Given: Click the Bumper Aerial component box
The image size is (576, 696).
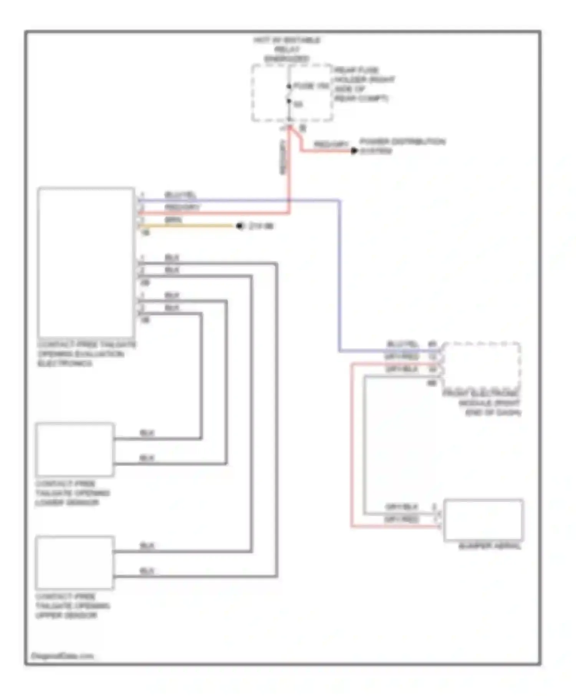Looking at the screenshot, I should pyautogui.click(x=483, y=520).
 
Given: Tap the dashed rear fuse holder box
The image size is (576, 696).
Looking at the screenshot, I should pyautogui.click(x=292, y=93).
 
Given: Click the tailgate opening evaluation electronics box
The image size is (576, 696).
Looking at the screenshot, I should pyautogui.click(x=86, y=262).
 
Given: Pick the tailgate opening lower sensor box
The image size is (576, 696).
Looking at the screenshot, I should pyautogui.click(x=75, y=449).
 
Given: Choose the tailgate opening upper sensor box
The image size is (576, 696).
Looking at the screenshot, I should pyautogui.click(x=75, y=562).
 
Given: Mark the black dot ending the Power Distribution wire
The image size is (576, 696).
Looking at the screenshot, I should pyautogui.click(x=354, y=151).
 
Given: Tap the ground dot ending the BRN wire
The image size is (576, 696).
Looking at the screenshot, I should pyautogui.click(x=240, y=226).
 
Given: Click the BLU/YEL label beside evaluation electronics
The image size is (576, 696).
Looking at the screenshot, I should pyautogui.click(x=180, y=195).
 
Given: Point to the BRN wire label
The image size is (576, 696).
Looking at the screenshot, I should pyautogui.click(x=173, y=220).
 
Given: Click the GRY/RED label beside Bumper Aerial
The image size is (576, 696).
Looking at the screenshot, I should pyautogui.click(x=402, y=519).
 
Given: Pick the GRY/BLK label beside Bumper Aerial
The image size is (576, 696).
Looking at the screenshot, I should pyautogui.click(x=402, y=507).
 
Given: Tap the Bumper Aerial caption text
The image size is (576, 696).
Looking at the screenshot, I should pyautogui.click(x=490, y=546).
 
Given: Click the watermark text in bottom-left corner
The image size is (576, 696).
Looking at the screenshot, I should pyautogui.click(x=62, y=656).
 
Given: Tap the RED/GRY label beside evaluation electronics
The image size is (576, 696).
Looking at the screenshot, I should pyautogui.click(x=182, y=207).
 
